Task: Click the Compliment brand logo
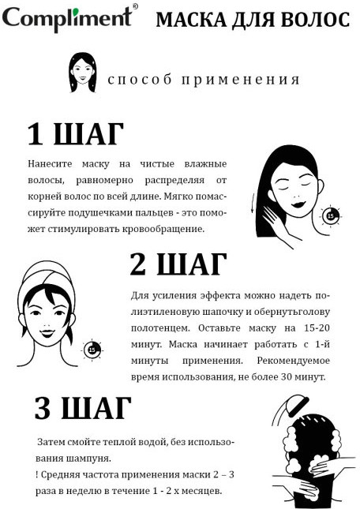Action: tap(67, 19)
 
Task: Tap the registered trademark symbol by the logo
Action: tap(135, 6)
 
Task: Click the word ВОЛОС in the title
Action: tap(315, 21)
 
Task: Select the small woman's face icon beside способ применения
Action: tap(83, 73)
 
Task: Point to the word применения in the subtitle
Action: tap(240, 80)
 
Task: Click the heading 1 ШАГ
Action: tap(75, 133)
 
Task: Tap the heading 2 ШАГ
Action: tap(178, 264)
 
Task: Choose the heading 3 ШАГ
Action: tap(83, 408)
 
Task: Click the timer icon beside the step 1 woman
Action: tap(331, 215)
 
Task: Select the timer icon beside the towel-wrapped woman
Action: tap(92, 350)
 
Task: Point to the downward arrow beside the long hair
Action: tap(252, 204)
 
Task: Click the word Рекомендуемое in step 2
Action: tap(293, 361)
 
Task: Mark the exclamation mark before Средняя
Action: tap(36, 475)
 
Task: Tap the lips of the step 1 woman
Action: tap(298, 204)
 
